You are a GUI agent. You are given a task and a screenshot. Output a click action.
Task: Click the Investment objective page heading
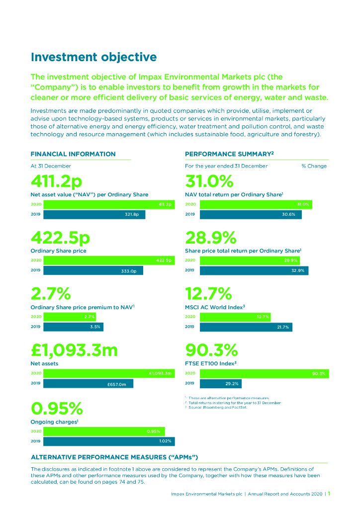coord(93,57)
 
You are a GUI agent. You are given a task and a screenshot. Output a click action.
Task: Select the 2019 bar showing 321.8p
coord(94,215)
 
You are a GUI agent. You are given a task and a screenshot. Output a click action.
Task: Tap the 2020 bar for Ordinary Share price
coord(109,260)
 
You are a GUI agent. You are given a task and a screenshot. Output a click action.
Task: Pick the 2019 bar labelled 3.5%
coord(73,327)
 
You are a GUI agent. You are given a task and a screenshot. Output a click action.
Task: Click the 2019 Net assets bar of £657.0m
coord(88,384)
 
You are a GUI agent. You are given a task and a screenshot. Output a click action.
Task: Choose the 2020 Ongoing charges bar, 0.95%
coord(104,431)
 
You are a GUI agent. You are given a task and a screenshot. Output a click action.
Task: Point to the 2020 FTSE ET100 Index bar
coord(264,373)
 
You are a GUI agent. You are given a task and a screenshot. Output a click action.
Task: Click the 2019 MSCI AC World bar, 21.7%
coord(246,327)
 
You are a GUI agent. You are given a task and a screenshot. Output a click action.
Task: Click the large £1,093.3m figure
coord(74,350)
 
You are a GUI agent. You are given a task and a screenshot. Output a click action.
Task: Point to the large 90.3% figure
coord(211,350)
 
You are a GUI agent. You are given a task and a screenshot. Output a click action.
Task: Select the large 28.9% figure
coord(210,238)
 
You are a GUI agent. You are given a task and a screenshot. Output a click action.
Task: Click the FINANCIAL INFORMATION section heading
coord(73,154)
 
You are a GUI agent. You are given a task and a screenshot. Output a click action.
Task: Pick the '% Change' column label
coord(314,166)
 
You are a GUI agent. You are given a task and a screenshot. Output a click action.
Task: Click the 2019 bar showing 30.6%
coord(251,215)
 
